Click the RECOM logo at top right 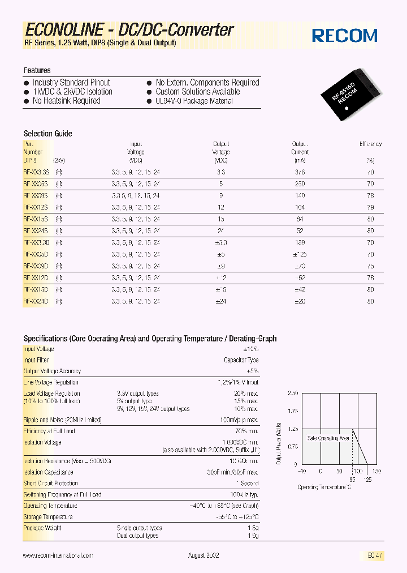344,36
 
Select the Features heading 37,70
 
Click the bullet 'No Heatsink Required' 66,101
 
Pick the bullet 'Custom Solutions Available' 198,92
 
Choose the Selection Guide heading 47,134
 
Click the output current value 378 300,172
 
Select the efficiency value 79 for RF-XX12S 370,207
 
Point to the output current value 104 300,207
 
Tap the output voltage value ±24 220,301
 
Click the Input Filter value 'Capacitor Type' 241,360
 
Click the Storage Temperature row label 48,517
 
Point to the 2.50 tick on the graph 292,393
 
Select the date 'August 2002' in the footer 203,556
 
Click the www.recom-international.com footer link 58,556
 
